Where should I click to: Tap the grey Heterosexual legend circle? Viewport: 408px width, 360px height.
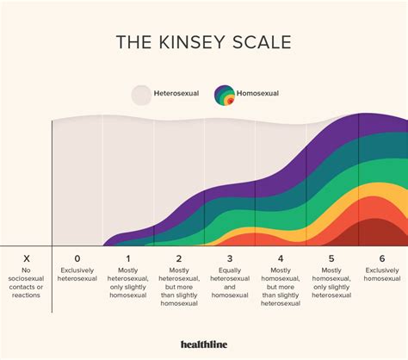pos(140,94)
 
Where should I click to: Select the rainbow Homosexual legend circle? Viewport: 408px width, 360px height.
pos(226,94)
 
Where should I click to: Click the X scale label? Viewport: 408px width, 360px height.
pos(26,258)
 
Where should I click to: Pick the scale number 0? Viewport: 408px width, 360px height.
pos(77,258)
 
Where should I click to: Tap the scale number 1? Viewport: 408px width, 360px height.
pos(127,258)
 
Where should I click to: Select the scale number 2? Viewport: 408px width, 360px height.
pos(178,258)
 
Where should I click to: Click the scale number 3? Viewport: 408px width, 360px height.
pos(229,258)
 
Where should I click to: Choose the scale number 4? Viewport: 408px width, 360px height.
pos(280,258)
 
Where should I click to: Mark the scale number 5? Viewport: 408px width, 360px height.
pos(331,258)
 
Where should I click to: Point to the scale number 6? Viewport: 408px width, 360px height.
pos(382,258)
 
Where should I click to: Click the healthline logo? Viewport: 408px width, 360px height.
pos(204,345)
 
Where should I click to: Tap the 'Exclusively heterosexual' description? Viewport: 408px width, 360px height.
pos(77,275)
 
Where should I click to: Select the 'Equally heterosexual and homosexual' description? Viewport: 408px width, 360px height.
pos(229,283)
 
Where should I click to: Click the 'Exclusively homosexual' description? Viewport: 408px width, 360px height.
pos(382,275)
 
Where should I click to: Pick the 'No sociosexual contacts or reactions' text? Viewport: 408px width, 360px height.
pos(26,283)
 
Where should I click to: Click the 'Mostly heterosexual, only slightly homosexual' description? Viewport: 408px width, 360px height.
pos(127,283)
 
